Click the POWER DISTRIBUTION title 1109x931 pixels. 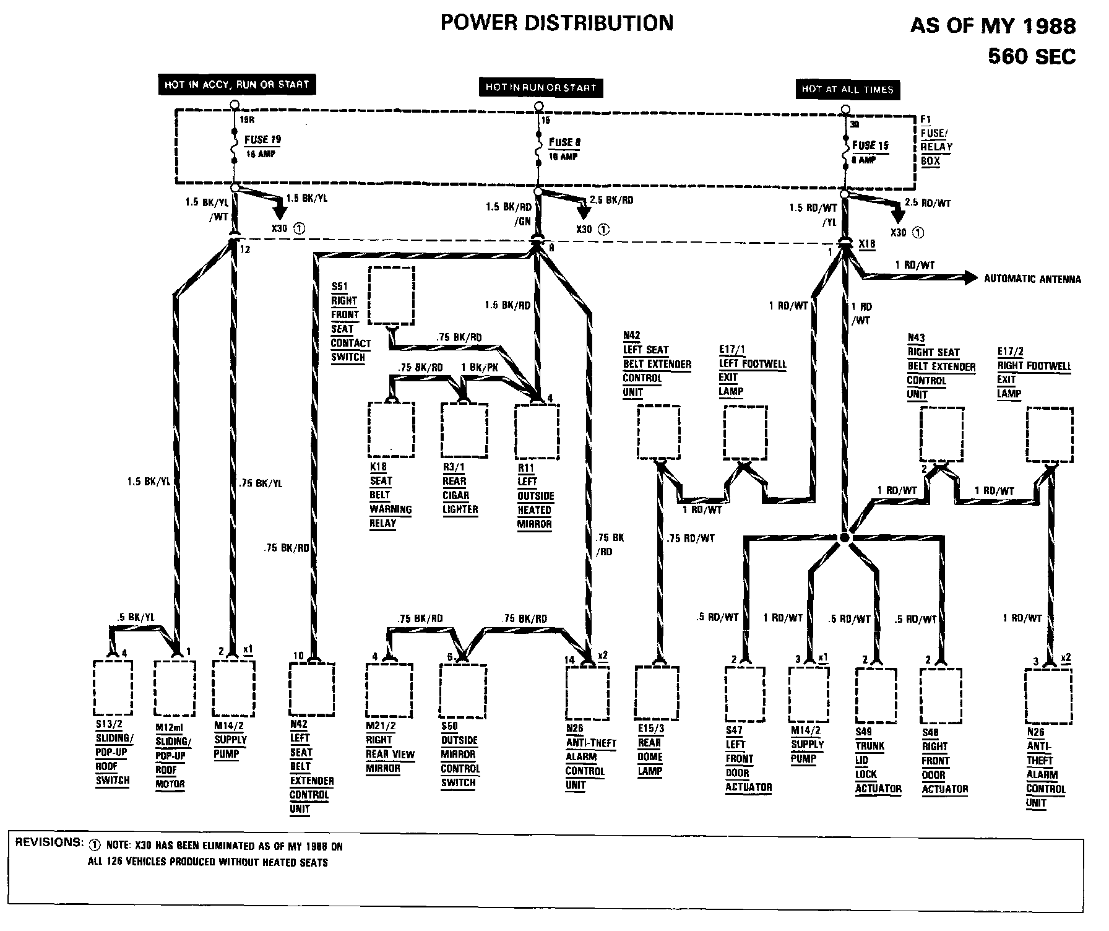pyautogui.click(x=556, y=23)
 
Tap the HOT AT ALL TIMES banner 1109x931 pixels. pyautogui.click(x=847, y=89)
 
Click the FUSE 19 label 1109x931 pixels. pyautogui.click(x=262, y=140)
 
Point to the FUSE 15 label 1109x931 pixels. pyautogui.click(x=870, y=145)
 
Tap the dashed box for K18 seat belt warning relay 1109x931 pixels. pyautogui.click(x=391, y=428)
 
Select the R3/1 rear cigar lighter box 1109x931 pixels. pyautogui.click(x=464, y=428)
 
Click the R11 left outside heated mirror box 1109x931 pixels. pyautogui.click(x=537, y=430)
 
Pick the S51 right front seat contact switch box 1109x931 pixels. pyautogui.click(x=391, y=295)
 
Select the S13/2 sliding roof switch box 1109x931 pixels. pyautogui.click(x=113, y=687)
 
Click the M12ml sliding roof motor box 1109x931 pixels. pyautogui.click(x=175, y=688)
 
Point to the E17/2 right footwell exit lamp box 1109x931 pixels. pyautogui.click(x=1050, y=434)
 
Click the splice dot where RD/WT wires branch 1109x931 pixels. pyautogui.click(x=844, y=539)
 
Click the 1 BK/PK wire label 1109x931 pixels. pyautogui.click(x=480, y=367)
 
